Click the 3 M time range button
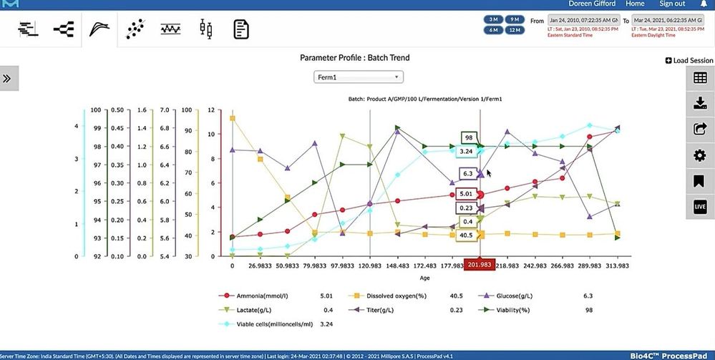pos(494,19)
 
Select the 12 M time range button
pos(513,30)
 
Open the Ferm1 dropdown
pos(359,77)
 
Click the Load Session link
pos(689,61)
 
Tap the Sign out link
pos(672,4)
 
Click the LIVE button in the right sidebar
pos(700,207)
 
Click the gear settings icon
pos(700,155)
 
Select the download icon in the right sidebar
pos(700,104)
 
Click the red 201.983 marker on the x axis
pos(480,266)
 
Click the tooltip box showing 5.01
pos(467,193)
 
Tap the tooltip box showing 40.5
pos(466,235)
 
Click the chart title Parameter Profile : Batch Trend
pos(354,57)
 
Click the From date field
pos(583,21)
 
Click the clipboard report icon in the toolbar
pos(241,29)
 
